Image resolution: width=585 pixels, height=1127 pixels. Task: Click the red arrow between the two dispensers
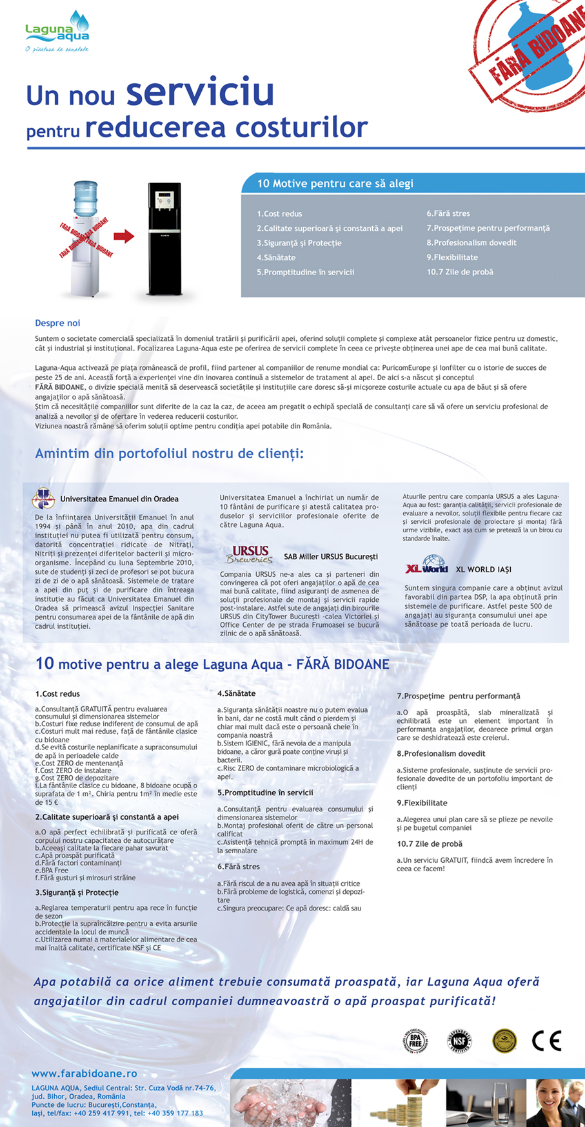click(124, 236)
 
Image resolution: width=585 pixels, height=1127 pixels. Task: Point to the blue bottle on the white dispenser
click(85, 199)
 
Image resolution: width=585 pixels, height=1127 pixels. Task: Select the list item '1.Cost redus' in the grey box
click(279, 214)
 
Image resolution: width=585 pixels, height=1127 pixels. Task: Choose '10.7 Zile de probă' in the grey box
click(460, 272)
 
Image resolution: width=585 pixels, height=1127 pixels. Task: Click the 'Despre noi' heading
click(57, 323)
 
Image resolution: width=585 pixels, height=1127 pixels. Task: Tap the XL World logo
click(427, 565)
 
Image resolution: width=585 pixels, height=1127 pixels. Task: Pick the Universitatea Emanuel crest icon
click(43, 498)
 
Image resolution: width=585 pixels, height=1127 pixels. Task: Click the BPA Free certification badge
click(415, 1040)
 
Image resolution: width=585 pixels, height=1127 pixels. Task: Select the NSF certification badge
click(459, 1041)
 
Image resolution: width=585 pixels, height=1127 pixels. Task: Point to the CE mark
click(546, 1041)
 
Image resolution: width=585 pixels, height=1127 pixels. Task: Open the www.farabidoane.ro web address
click(84, 1074)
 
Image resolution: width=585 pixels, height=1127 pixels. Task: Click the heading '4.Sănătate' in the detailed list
click(236, 693)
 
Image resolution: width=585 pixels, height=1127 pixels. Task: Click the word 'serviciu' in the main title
click(200, 92)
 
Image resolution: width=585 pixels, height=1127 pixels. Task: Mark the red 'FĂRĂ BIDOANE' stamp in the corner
click(532, 48)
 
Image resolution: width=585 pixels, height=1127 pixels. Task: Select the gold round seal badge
click(504, 1041)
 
